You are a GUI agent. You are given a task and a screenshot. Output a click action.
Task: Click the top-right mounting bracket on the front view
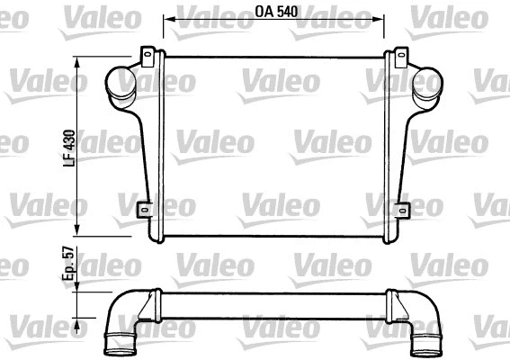coord(395,58)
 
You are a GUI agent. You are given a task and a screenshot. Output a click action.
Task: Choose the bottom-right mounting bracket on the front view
coord(396,210)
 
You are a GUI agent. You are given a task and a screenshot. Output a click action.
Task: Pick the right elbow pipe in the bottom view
coord(420,327)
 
